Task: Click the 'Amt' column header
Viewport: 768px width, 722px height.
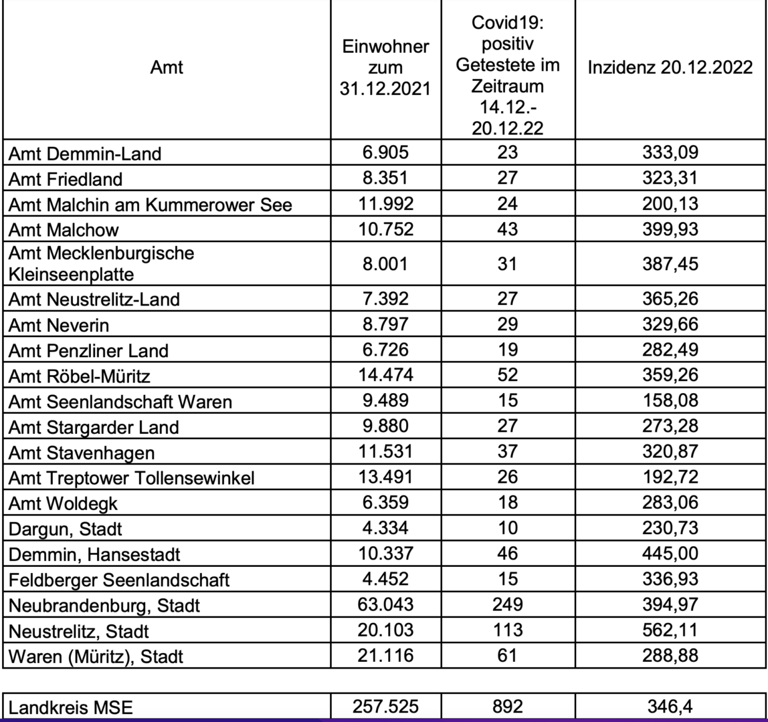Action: point(167,67)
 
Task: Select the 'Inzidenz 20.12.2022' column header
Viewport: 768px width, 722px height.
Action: point(671,68)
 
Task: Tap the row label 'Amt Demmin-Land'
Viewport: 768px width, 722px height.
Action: point(84,154)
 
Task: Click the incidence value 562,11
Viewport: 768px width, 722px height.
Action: point(671,630)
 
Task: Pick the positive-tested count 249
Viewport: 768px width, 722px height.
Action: point(508,604)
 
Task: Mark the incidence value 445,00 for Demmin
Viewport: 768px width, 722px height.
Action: point(671,554)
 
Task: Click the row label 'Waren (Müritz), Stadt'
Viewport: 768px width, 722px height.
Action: point(96,656)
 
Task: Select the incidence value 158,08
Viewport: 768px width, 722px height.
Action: point(671,401)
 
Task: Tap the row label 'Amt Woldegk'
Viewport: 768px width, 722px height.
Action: point(64,503)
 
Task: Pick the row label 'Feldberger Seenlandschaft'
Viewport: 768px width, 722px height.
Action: point(118,580)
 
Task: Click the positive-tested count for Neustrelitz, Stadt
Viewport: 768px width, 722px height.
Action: point(508,630)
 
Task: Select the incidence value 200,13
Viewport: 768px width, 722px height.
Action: point(671,204)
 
